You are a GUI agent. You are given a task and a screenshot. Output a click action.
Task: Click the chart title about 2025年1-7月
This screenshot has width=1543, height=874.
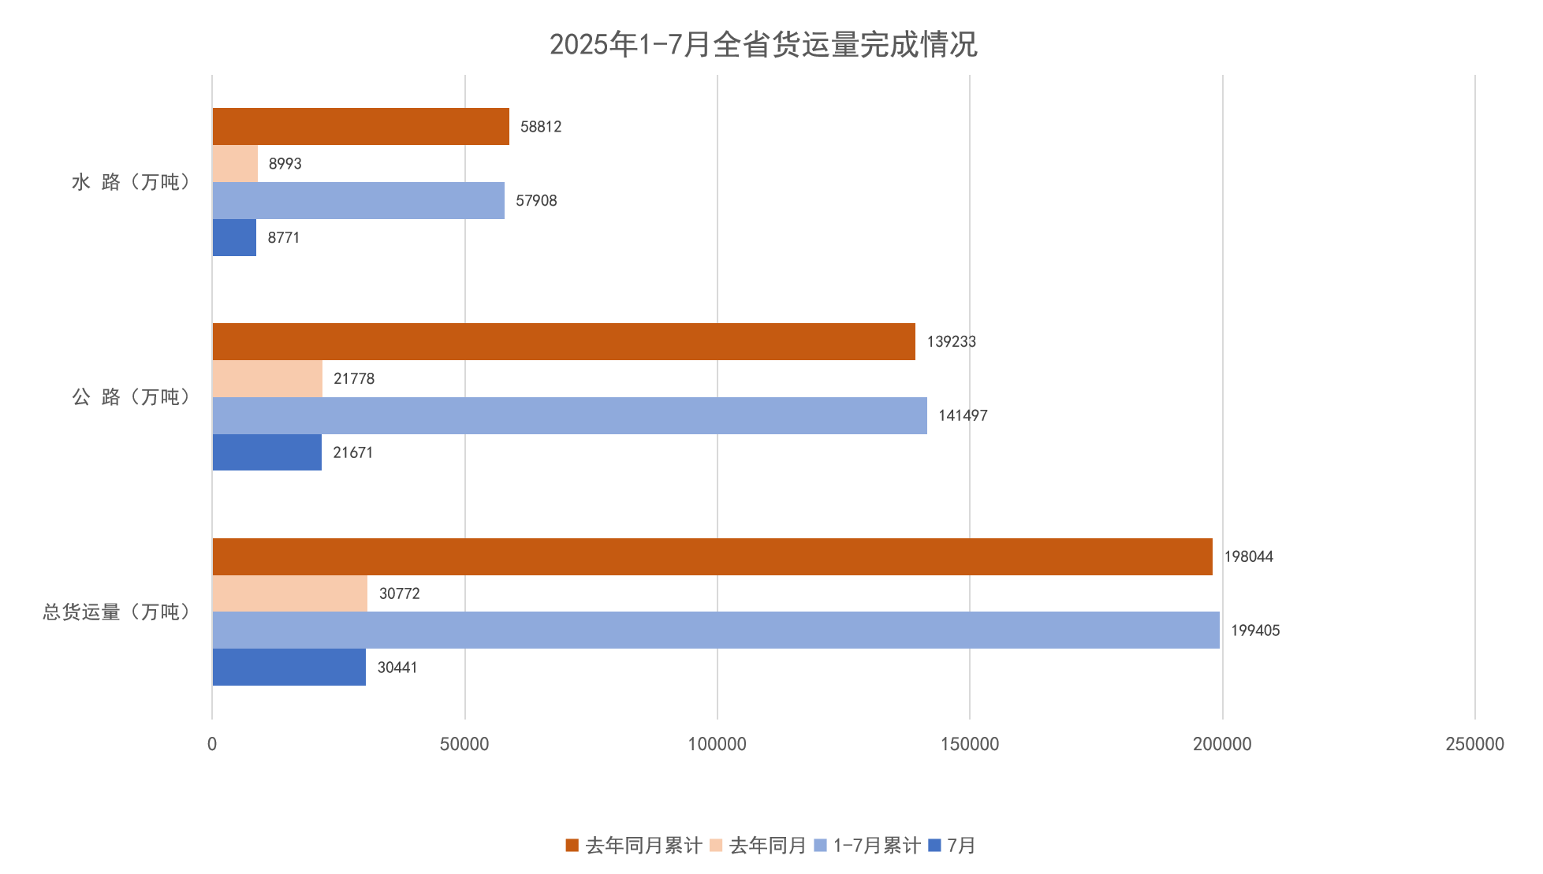(762, 44)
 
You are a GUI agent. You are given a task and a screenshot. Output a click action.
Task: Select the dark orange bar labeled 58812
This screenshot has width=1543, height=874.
(360, 127)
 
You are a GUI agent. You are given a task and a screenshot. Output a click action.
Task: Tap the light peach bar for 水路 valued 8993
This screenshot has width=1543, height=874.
(235, 164)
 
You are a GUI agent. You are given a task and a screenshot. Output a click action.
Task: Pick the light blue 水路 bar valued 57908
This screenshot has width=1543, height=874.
(358, 201)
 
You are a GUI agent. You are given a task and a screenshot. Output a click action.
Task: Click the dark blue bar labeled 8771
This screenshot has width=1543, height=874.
(234, 238)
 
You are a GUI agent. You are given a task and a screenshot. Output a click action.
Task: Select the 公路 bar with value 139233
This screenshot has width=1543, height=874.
(564, 342)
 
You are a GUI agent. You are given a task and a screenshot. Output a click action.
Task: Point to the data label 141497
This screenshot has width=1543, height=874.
(962, 415)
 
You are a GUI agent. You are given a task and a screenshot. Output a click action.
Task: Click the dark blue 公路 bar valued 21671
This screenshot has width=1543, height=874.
(266, 452)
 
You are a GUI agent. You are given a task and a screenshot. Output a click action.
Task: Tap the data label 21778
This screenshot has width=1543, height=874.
(354, 379)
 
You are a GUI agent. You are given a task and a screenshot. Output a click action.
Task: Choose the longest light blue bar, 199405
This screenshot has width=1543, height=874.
(715, 630)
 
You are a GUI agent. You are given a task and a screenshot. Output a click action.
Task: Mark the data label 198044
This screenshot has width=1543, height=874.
(1248, 556)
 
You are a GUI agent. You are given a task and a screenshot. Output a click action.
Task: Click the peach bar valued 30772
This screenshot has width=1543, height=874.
(289, 593)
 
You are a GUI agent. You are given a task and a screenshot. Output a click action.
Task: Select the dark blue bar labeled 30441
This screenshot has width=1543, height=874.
(289, 668)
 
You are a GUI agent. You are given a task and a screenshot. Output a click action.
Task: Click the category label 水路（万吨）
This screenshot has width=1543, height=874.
(132, 182)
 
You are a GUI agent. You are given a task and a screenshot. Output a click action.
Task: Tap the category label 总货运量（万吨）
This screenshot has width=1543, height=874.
(117, 612)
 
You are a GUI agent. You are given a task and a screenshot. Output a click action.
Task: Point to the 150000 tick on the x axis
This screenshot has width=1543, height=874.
(969, 744)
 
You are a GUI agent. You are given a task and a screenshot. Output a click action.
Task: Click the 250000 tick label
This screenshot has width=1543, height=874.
(1474, 744)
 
